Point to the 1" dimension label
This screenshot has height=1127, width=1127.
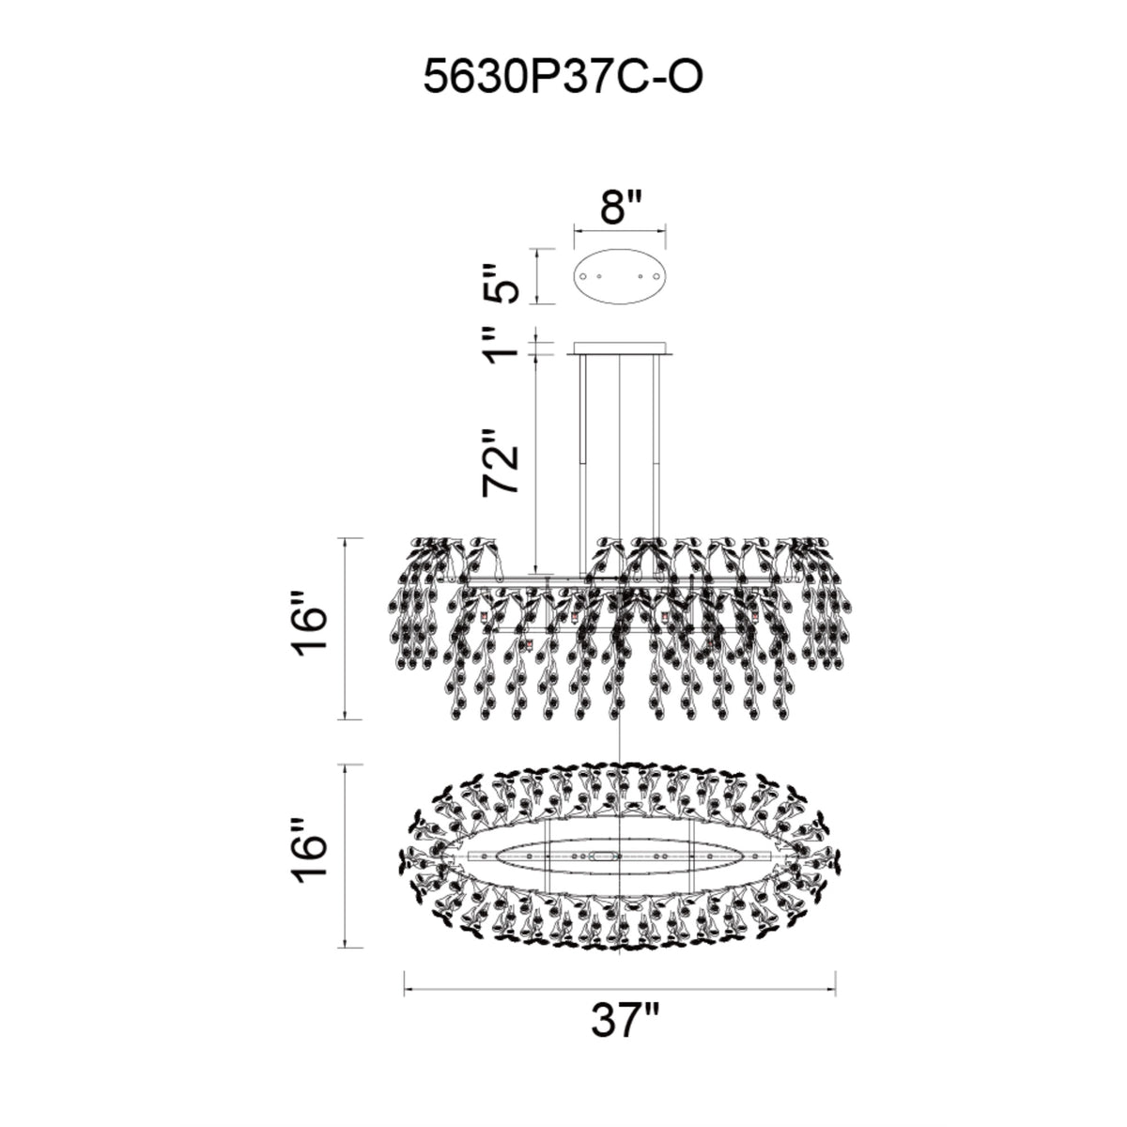click(502, 345)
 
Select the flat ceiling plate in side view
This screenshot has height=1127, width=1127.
click(620, 348)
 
